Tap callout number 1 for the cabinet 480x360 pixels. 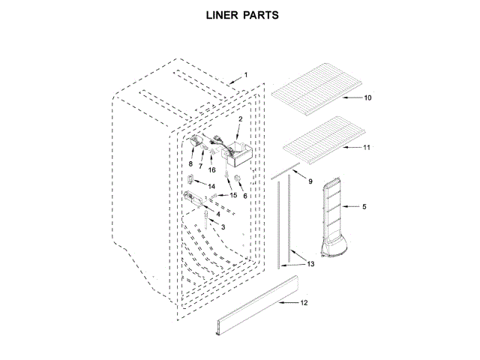244,76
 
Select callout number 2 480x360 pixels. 240,119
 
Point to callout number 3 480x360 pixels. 223,226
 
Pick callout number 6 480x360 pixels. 244,195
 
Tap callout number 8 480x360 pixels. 190,163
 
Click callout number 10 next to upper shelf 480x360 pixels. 367,98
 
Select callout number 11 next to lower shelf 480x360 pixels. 367,148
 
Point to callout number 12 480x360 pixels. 304,303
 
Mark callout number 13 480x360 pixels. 310,264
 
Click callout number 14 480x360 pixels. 211,186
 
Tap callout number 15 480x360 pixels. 233,196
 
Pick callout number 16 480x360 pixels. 212,170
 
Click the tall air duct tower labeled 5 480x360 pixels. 334,217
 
